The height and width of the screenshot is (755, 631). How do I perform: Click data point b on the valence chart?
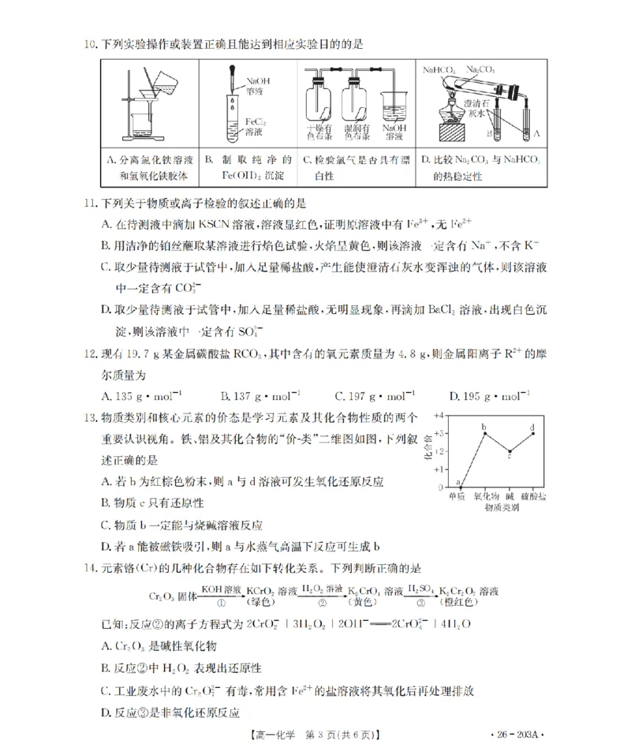(484, 433)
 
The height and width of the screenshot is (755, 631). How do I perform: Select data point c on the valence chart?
(510, 452)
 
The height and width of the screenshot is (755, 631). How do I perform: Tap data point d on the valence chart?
(534, 433)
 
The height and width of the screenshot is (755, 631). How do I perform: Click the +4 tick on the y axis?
(442, 415)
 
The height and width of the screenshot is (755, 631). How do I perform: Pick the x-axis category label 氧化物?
(484, 497)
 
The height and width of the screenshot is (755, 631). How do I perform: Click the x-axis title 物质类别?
(496, 509)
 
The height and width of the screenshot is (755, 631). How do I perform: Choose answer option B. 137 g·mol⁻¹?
(260, 395)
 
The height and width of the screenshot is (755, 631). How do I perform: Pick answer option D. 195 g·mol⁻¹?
(488, 395)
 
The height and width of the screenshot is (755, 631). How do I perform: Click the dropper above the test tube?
(234, 86)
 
